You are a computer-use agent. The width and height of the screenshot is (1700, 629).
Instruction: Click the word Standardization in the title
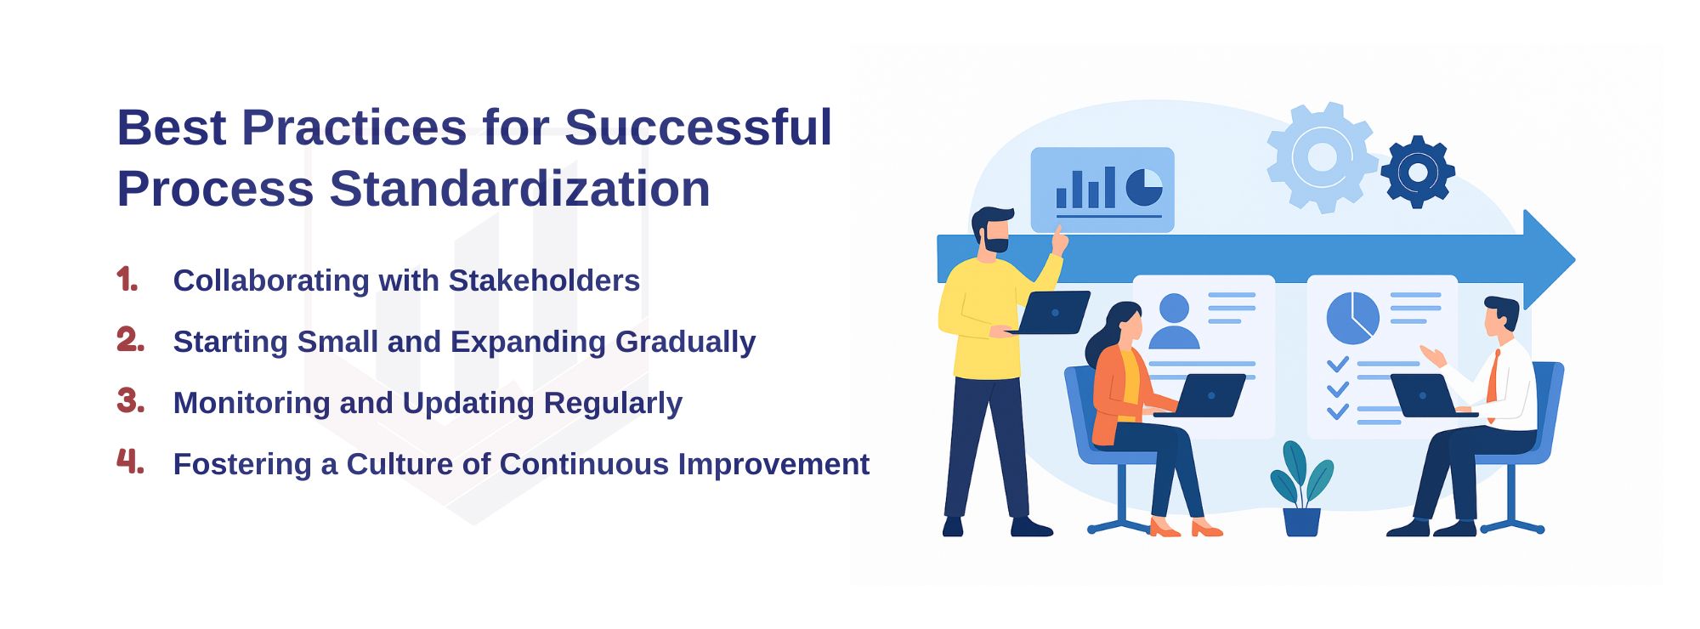(x=519, y=188)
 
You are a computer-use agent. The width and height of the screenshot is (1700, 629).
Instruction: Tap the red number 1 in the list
(x=127, y=279)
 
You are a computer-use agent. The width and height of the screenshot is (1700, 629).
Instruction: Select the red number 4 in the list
(x=130, y=462)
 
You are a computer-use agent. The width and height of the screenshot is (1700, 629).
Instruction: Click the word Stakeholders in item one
(x=544, y=280)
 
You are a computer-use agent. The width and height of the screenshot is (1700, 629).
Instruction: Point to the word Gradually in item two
(x=685, y=343)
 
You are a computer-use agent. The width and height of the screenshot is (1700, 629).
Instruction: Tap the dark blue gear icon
(x=1417, y=172)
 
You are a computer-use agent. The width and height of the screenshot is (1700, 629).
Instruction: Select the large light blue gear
(x=1322, y=157)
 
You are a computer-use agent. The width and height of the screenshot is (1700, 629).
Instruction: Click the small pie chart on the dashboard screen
(x=1145, y=187)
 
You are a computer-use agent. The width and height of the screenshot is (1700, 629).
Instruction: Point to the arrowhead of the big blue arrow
(x=1549, y=259)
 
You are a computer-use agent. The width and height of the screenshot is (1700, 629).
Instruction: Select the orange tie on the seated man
(x=1493, y=380)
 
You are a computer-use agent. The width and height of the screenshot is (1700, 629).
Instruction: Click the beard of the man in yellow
(x=995, y=243)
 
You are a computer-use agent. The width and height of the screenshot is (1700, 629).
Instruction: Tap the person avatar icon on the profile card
(x=1174, y=321)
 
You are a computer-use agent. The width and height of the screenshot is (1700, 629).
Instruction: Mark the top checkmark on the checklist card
(x=1338, y=364)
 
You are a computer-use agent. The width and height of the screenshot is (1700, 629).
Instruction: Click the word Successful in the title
(x=698, y=127)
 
